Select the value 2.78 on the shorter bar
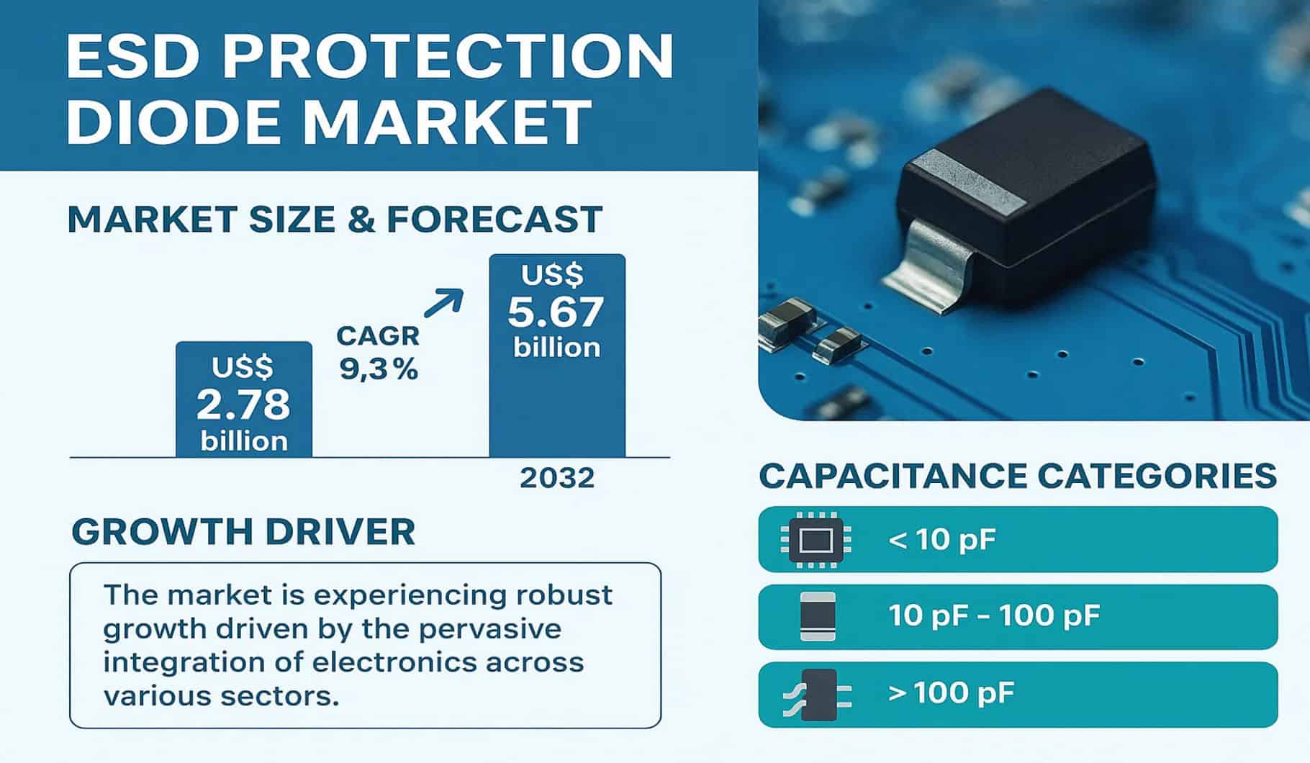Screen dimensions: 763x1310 pos(243,405)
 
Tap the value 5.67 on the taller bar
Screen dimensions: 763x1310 pos(556,312)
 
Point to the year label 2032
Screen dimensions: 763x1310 pos(557,478)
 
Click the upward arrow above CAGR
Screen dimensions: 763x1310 pos(443,303)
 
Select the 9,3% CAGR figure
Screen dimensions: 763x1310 pos(379,369)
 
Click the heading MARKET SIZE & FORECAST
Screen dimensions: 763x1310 pos(335,220)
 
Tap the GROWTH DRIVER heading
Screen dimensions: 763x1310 pos(243,532)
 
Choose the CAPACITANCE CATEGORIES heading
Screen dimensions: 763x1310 pos(1018,477)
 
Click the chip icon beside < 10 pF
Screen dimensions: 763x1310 pos(816,539)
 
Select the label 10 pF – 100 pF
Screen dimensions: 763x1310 pos(994,615)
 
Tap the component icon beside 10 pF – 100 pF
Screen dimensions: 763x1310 pos(818,616)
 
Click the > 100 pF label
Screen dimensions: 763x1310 pos(951,693)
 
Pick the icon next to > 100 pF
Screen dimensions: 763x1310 pos(818,694)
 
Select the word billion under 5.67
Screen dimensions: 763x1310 pos(556,348)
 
